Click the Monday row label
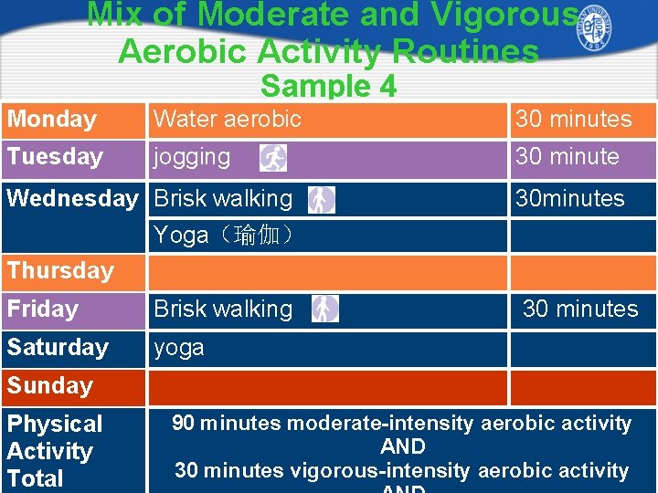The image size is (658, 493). pos(52,120)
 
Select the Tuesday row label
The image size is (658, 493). pos(55,157)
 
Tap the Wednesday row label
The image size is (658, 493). pos(72,198)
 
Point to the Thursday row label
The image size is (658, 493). pos(60,271)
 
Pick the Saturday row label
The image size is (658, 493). pos(58,348)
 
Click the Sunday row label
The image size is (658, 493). pos(50,386)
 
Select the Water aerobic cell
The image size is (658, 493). pos(228,120)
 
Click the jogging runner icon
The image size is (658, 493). pos(273,158)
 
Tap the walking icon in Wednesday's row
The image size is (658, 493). pos(321,199)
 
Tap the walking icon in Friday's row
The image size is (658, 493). pos(324,309)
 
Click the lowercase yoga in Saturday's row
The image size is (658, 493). pos(179,348)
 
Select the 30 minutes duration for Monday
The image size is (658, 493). pos(574,120)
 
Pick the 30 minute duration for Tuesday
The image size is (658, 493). pos(568,157)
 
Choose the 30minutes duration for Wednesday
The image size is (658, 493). pos(570,198)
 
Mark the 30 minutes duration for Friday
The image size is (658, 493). pos(580,309)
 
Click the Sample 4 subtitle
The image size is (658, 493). pos(329,86)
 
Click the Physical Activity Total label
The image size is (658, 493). pos(55,451)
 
